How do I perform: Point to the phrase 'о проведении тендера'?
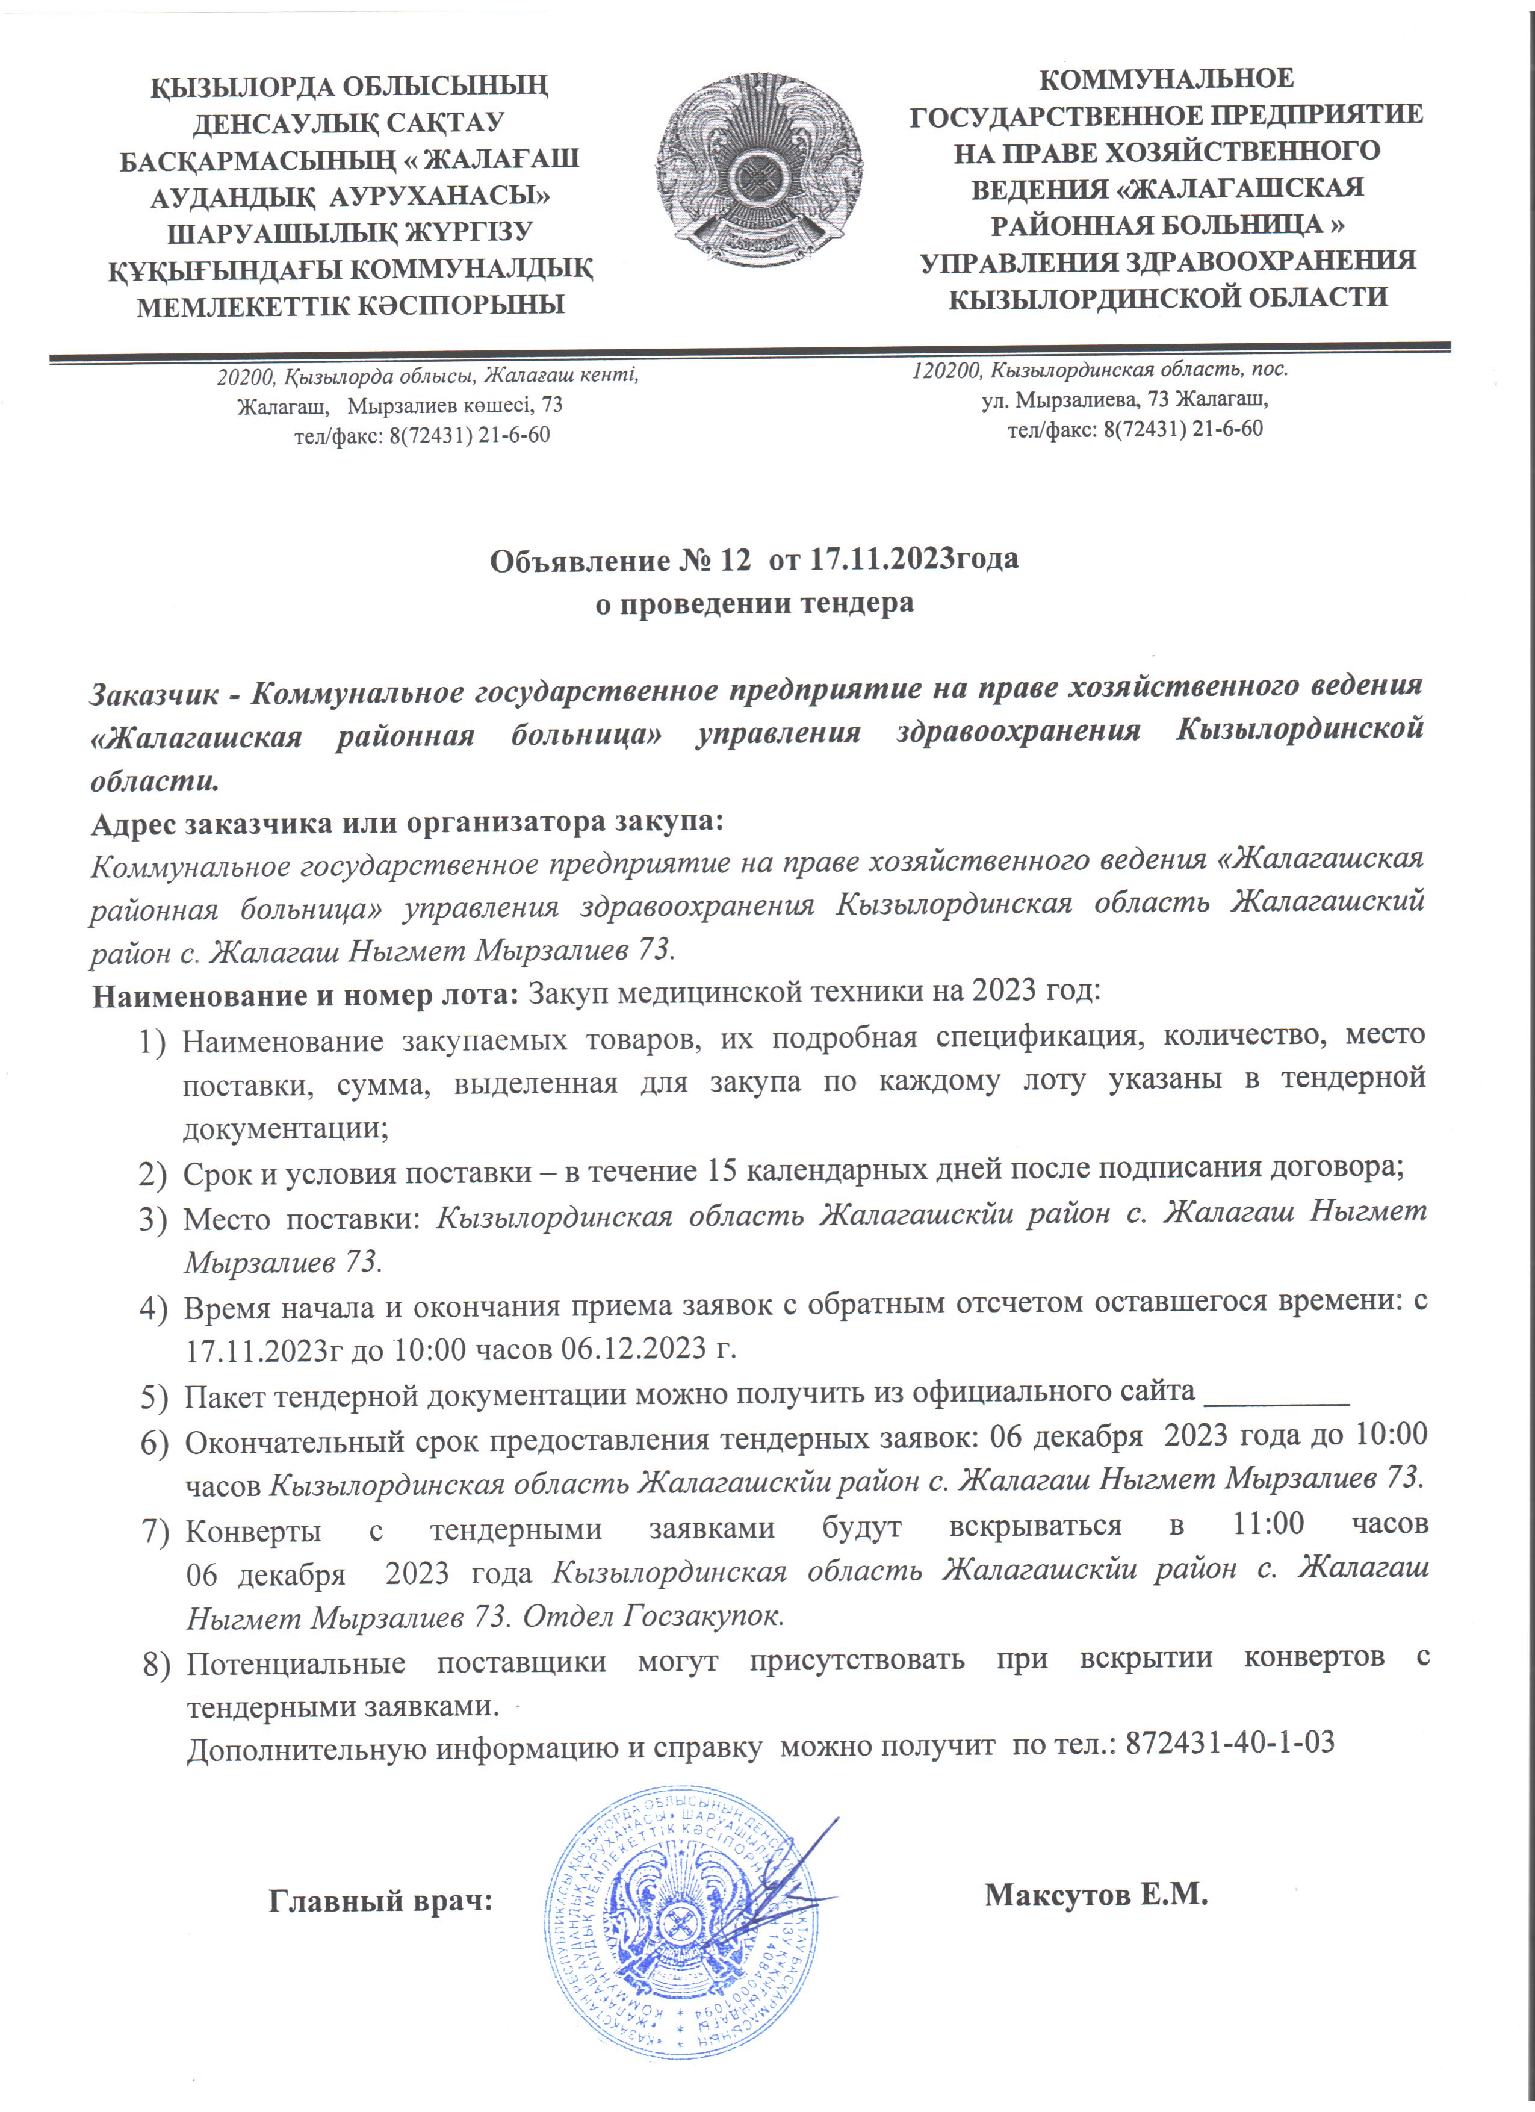pyautogui.click(x=754, y=603)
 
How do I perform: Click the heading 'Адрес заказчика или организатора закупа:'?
pyautogui.click(x=408, y=823)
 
